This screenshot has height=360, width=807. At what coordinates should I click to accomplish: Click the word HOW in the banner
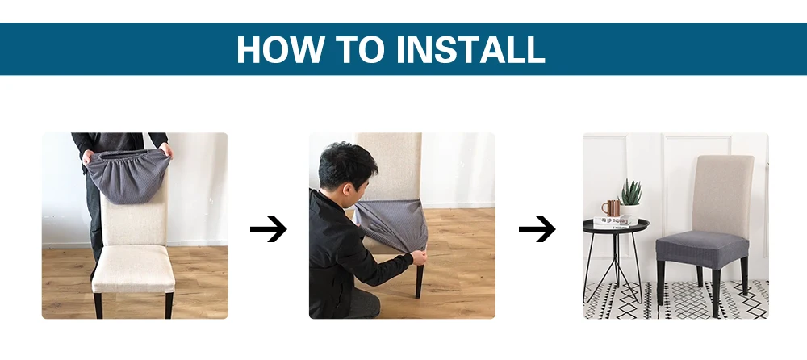(x=281, y=49)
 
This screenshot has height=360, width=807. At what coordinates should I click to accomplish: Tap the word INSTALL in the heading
(x=470, y=49)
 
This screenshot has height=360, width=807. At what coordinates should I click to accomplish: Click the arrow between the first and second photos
(x=268, y=228)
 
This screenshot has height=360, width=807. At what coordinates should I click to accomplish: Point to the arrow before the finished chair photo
(x=537, y=228)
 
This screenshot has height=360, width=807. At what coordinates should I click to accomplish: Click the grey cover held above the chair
(x=128, y=175)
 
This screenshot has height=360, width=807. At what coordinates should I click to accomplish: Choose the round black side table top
(x=616, y=225)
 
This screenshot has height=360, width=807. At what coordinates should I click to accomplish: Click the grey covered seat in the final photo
(x=702, y=249)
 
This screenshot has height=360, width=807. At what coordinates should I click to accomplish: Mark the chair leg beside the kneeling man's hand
(x=419, y=281)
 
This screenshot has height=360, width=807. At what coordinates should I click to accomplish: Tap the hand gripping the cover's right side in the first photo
(x=165, y=150)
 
